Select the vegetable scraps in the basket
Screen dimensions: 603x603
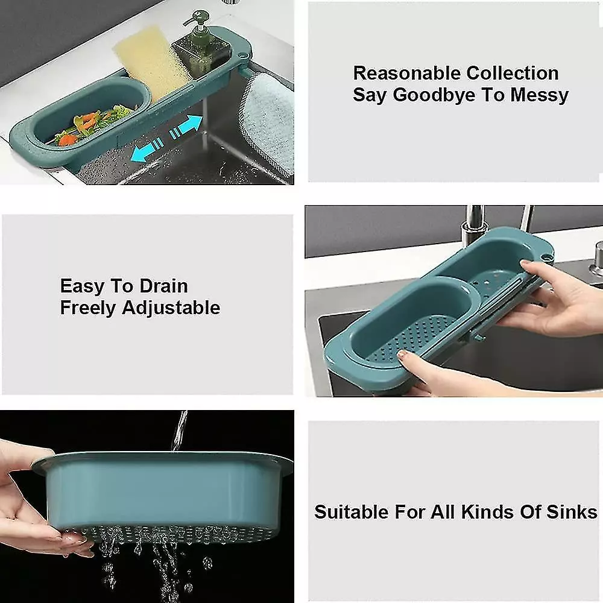(93, 125)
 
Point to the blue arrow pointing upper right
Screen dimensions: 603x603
(186, 127)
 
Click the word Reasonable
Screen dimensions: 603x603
(407, 73)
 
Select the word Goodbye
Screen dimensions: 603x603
(435, 95)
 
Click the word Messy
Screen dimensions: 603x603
(539, 95)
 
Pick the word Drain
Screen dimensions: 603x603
(163, 286)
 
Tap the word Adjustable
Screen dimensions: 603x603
(171, 308)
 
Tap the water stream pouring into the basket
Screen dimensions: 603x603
(180, 431)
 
